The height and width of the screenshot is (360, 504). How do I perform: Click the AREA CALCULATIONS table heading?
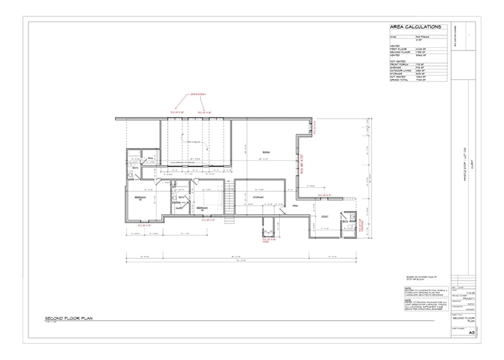pyautogui.click(x=415, y=28)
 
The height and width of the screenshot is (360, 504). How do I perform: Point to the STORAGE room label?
pyautogui.click(x=258, y=198)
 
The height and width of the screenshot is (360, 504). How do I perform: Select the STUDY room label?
pyautogui.click(x=325, y=216)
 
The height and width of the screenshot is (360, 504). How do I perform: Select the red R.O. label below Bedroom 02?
pyautogui.click(x=144, y=224)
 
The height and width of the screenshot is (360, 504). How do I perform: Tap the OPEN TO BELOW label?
pyautogui.click(x=192, y=143)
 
